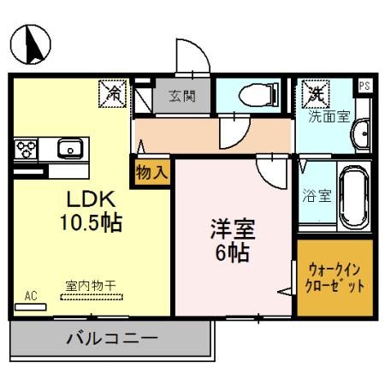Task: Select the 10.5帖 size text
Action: (x=90, y=223)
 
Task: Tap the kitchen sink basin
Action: (x=69, y=148)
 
